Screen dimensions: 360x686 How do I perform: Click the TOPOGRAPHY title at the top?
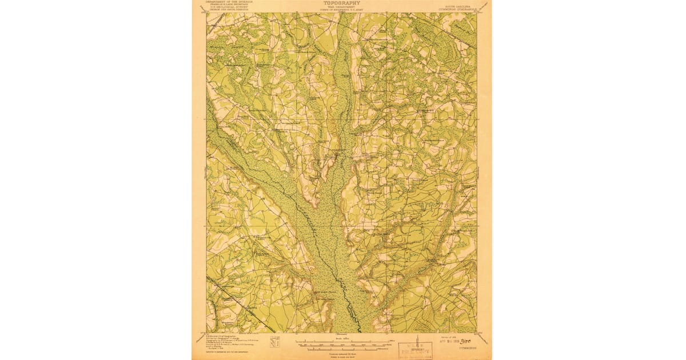(341, 3)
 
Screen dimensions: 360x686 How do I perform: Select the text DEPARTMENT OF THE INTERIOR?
(229, 2)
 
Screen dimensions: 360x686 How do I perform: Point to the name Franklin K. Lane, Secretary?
(229, 5)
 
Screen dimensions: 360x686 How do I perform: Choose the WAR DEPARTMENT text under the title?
(341, 7)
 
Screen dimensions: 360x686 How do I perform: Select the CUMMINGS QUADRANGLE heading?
(456, 8)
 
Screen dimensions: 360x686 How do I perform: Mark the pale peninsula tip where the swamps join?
(312, 203)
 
